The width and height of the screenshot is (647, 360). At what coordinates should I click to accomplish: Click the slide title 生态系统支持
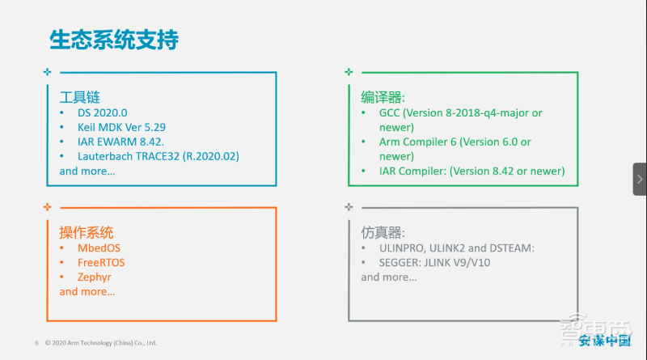click(x=114, y=39)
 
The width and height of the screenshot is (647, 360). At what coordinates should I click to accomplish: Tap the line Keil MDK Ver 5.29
click(x=121, y=127)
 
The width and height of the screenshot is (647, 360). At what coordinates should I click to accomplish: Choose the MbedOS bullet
click(x=99, y=248)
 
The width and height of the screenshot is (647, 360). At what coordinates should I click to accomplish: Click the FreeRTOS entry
click(x=101, y=262)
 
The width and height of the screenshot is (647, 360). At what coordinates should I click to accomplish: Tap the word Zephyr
click(x=95, y=277)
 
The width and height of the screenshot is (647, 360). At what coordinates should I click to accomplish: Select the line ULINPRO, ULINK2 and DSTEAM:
click(x=457, y=248)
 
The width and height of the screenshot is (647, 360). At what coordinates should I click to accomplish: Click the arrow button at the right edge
click(x=639, y=179)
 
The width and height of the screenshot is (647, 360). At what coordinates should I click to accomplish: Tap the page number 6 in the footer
click(x=36, y=343)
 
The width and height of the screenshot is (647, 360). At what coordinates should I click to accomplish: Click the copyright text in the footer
click(x=100, y=343)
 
